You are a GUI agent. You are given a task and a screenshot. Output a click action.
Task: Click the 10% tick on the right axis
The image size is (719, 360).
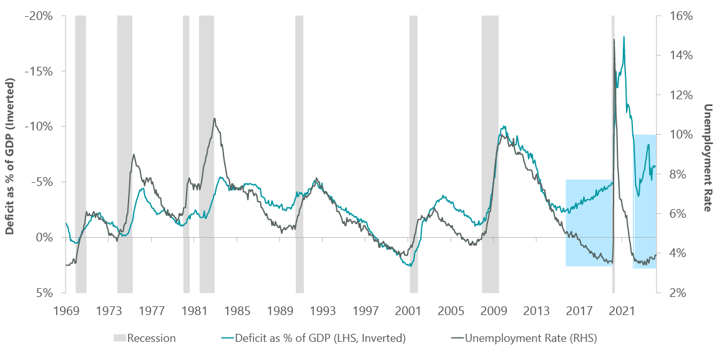[676, 134]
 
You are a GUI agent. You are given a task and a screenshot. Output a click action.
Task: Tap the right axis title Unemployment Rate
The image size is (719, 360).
[708, 157]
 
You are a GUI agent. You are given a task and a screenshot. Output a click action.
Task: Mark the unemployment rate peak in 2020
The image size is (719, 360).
[614, 39]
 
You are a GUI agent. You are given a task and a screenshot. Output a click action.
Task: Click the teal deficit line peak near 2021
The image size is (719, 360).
[624, 36]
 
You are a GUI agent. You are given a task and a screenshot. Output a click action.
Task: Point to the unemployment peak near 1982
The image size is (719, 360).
[215, 119]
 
